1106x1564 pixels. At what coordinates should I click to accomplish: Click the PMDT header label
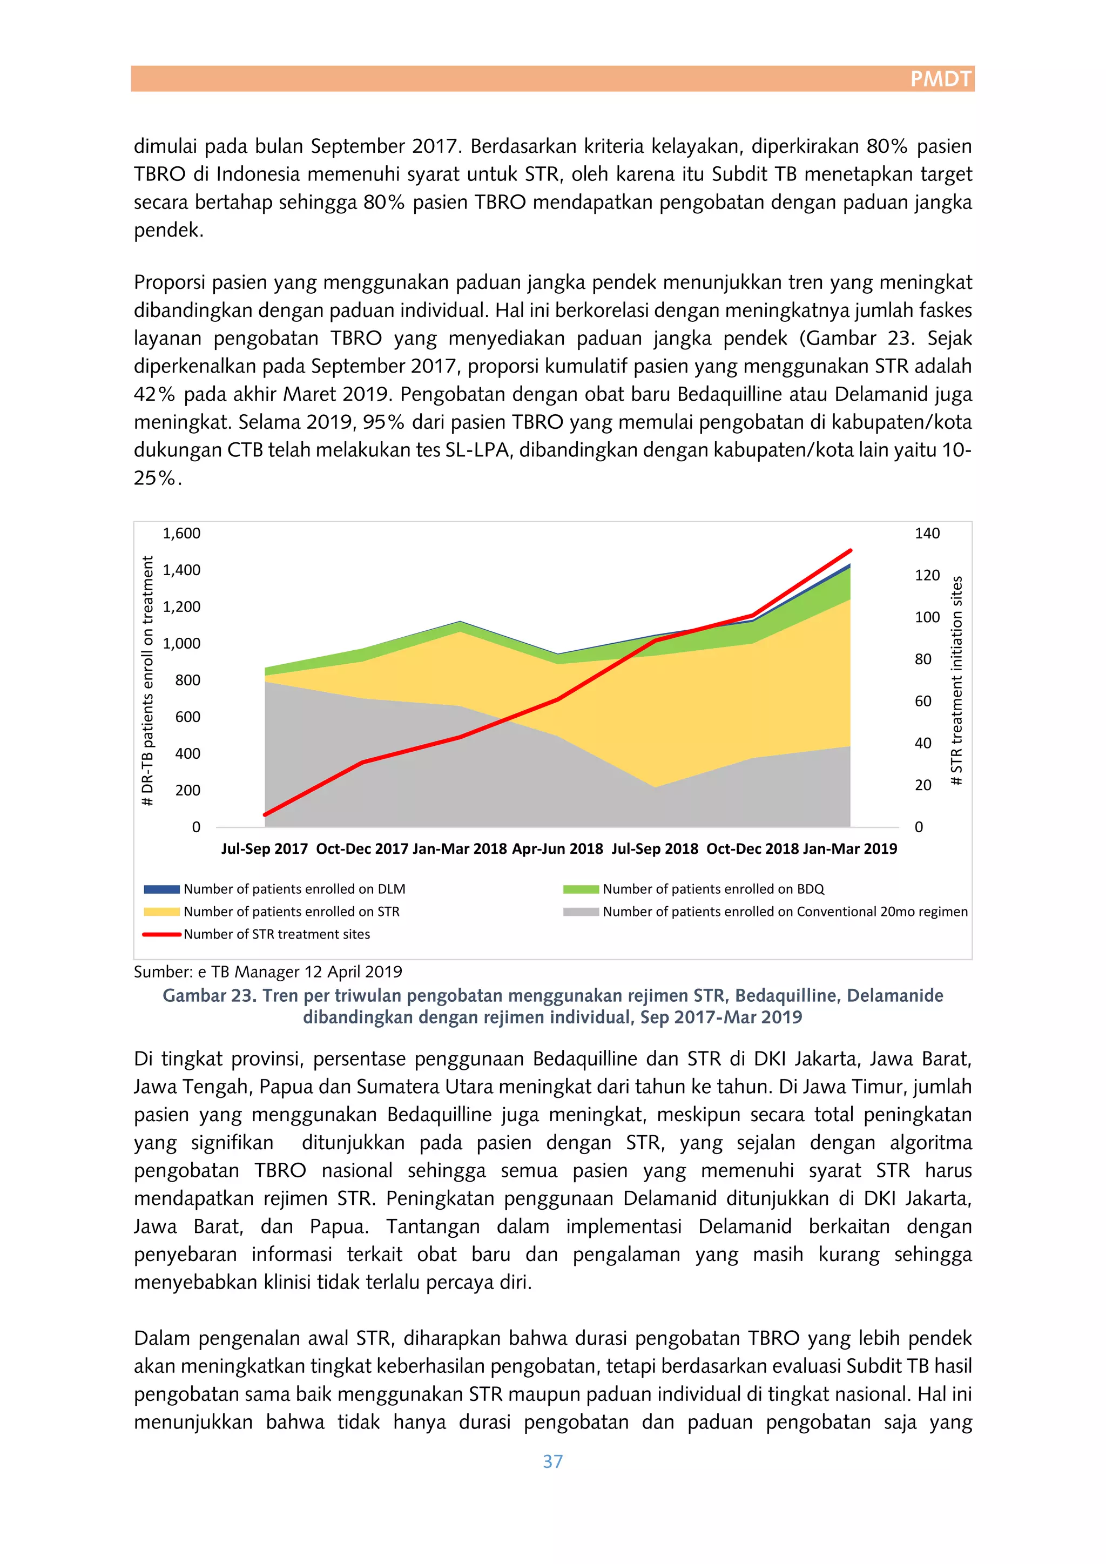click(x=941, y=79)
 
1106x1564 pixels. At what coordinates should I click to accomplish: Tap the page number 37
click(x=552, y=1461)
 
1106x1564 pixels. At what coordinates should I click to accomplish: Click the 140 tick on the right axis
click(x=927, y=534)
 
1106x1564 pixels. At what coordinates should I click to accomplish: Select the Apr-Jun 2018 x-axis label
click(x=557, y=849)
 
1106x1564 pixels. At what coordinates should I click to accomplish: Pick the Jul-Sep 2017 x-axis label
click(x=264, y=849)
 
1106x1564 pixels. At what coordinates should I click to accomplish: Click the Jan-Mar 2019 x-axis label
click(x=850, y=849)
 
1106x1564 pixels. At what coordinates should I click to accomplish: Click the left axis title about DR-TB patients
click(x=147, y=681)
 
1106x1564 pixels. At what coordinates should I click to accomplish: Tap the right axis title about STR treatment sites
click(x=957, y=681)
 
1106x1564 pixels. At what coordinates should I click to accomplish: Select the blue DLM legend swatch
click(x=162, y=889)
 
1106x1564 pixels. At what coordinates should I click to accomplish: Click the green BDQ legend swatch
click(x=581, y=889)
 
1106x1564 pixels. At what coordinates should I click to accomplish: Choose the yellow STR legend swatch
click(x=162, y=912)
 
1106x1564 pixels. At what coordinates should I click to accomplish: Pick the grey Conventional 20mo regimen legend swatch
click(x=581, y=912)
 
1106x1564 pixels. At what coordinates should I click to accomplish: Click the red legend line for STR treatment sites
click(x=162, y=934)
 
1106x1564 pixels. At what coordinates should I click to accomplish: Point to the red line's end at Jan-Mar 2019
click(x=851, y=550)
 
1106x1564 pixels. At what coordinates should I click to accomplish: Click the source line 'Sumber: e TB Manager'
click(x=268, y=972)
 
